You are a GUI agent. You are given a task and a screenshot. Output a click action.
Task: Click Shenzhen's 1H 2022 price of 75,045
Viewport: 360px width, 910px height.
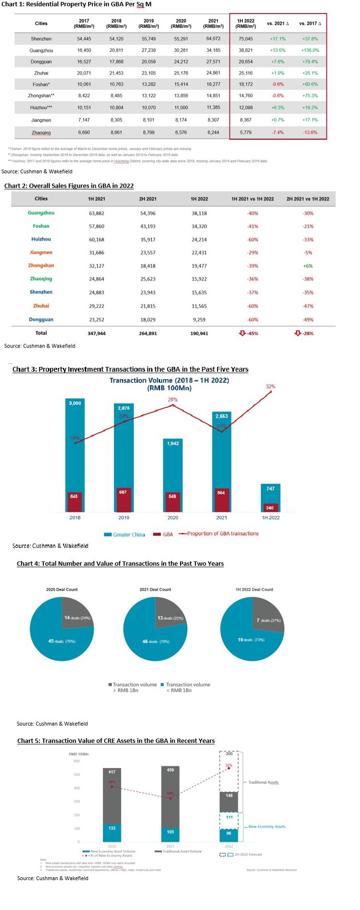[x=245, y=39]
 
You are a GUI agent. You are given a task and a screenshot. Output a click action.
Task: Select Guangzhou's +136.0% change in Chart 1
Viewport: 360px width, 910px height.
[x=310, y=50]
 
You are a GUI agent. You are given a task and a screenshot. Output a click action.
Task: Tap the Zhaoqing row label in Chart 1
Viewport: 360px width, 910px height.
[x=41, y=132]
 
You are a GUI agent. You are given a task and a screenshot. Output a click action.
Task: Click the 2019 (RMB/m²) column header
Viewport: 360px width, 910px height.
[x=149, y=24]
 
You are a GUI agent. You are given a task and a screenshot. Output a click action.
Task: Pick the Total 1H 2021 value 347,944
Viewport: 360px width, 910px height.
[x=97, y=333]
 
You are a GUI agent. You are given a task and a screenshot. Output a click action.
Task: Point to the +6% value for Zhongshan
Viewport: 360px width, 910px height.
[x=308, y=266]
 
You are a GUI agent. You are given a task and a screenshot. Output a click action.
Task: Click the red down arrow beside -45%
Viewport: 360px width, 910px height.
[x=242, y=333]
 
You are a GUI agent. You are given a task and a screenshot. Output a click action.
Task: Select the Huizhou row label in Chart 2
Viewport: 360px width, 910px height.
[x=41, y=239]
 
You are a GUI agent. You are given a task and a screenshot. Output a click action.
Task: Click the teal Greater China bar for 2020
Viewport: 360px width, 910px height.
[x=173, y=467]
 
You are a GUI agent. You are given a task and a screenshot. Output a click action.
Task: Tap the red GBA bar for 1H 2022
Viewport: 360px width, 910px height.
[x=270, y=507]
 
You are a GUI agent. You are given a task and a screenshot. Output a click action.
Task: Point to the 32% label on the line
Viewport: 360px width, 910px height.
[x=270, y=387]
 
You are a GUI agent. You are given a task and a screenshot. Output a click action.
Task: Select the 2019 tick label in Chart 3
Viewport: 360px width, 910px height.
[x=124, y=518]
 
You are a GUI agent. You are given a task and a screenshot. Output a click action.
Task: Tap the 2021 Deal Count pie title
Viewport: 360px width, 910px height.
[x=155, y=589]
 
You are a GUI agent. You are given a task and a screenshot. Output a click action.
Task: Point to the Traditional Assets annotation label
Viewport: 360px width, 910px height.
[x=263, y=782]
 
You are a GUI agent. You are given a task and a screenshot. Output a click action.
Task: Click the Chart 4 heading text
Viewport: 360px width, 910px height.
[x=120, y=563]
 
